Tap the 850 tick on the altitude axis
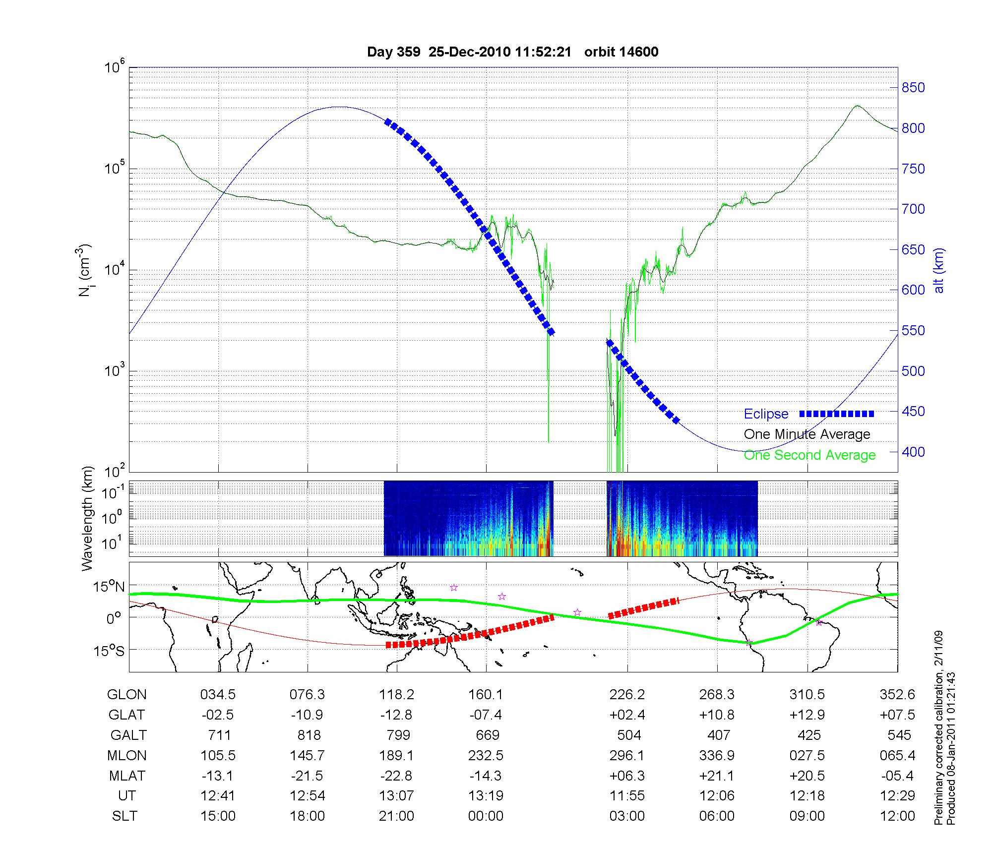(913, 88)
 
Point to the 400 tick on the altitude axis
(913, 452)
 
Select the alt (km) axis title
(939, 270)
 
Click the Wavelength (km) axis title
(88, 518)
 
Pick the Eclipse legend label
(766, 414)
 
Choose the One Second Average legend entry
(809, 455)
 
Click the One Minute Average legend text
(807, 434)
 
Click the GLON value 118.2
(396, 695)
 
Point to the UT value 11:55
(627, 796)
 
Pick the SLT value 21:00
(396, 816)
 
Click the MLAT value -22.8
(396, 776)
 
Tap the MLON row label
(126, 755)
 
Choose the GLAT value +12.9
(807, 715)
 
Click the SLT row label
(124, 816)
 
